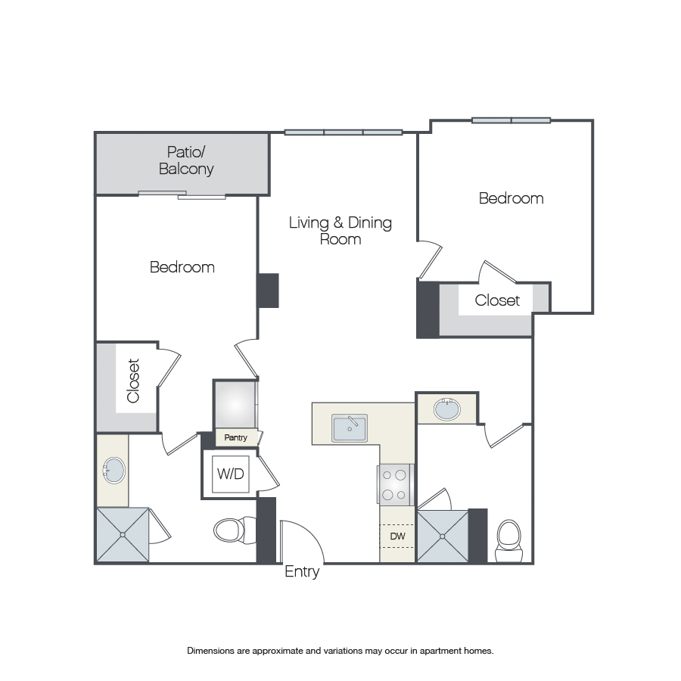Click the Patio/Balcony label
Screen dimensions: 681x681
click(x=186, y=160)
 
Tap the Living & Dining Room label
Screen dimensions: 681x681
click(x=340, y=231)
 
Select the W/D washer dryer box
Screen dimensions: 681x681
click(x=231, y=474)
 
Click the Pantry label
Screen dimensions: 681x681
click(x=235, y=437)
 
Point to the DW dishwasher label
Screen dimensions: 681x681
click(x=397, y=536)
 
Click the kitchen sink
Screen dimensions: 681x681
click(x=350, y=428)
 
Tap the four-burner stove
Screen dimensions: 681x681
click(x=395, y=485)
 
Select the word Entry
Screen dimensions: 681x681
click(x=302, y=571)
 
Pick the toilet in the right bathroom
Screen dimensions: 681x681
click(x=508, y=541)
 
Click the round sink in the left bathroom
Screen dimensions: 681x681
click(x=113, y=471)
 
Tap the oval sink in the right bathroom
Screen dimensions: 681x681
click(x=447, y=409)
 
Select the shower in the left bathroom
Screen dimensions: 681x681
click(x=123, y=535)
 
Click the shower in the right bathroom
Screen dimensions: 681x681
click(x=443, y=536)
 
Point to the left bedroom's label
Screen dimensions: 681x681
click(x=182, y=267)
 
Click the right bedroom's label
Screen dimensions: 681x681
click(x=512, y=198)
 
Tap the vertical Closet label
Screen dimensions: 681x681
click(x=133, y=381)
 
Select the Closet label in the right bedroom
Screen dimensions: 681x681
click(x=497, y=300)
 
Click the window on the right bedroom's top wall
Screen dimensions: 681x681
click(x=512, y=120)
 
